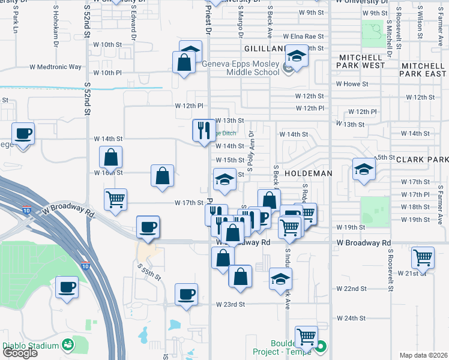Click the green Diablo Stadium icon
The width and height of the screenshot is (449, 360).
tap(67, 345)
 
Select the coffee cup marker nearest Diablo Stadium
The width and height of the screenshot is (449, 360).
tap(67, 287)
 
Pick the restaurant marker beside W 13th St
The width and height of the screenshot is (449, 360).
tap(203, 130)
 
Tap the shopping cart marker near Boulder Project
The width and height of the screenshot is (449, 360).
tap(307, 337)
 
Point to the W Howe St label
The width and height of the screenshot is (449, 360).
tap(352, 84)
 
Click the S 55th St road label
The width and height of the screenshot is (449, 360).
tap(149, 272)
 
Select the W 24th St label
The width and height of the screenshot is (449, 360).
tap(351, 318)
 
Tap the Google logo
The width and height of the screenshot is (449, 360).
tap(20, 353)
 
